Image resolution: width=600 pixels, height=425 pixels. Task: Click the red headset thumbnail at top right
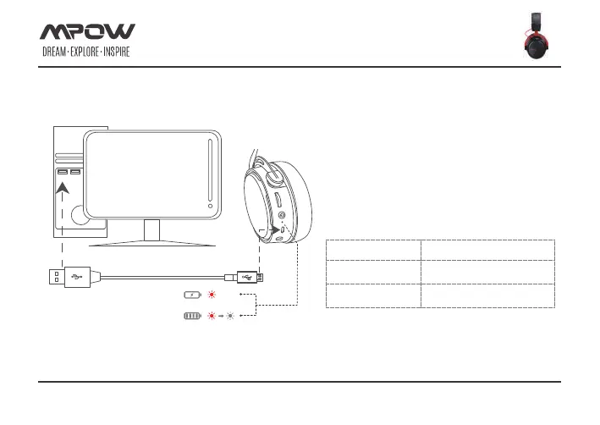[x=537, y=36]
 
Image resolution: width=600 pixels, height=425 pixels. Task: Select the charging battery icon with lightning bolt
[x=191, y=295]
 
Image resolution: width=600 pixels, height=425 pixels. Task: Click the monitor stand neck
[x=152, y=230]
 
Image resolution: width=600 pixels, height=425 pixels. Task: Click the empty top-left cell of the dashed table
[x=373, y=249]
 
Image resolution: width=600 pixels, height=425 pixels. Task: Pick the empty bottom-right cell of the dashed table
[x=488, y=295]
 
